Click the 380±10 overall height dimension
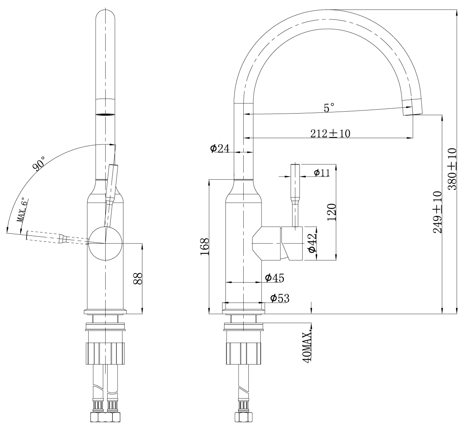[452, 169]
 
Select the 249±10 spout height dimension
[437, 212]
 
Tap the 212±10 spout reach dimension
[330, 133]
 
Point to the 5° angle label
[329, 108]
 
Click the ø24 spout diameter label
[220, 148]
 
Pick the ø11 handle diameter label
[321, 173]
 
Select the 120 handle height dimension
[331, 212]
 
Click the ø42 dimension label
[312, 243]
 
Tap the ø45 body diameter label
[274, 277]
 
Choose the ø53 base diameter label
[280, 298]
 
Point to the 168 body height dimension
[205, 247]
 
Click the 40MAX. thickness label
[307, 346]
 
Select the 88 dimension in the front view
[138, 278]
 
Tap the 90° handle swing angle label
[39, 163]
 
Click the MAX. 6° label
[23, 210]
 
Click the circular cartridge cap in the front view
[105, 243]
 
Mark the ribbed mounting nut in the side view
[244, 353]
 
